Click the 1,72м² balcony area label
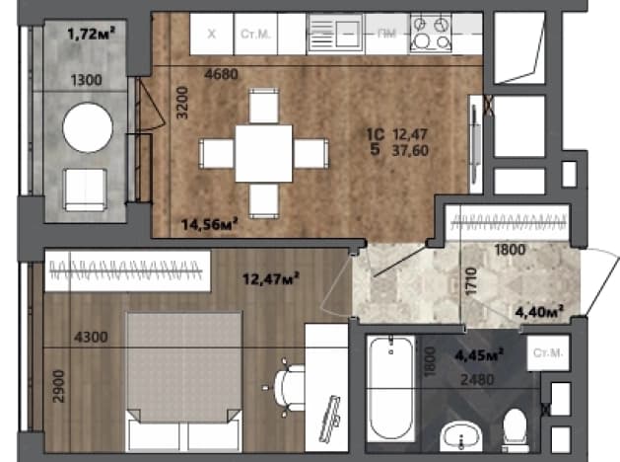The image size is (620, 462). (x=92, y=34)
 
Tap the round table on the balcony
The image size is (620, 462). (x=88, y=127)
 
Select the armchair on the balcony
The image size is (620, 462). (x=86, y=191)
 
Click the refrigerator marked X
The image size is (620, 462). (x=212, y=34)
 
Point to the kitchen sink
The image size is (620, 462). (x=335, y=33)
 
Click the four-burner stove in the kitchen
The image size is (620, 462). (x=431, y=33)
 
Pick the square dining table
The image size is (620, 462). (x=264, y=154)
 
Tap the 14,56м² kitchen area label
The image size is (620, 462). (x=210, y=224)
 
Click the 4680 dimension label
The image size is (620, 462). (x=222, y=74)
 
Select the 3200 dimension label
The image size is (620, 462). (x=182, y=103)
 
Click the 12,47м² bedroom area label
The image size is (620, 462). (x=271, y=278)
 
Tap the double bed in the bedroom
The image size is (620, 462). (x=184, y=382)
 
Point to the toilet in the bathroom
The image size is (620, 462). (x=516, y=430)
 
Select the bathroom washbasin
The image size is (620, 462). (x=461, y=436)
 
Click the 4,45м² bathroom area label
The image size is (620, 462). (x=479, y=354)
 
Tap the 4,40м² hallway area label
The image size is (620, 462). (x=539, y=312)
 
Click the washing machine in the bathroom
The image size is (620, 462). (x=548, y=353)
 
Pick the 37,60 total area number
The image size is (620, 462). (x=410, y=150)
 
